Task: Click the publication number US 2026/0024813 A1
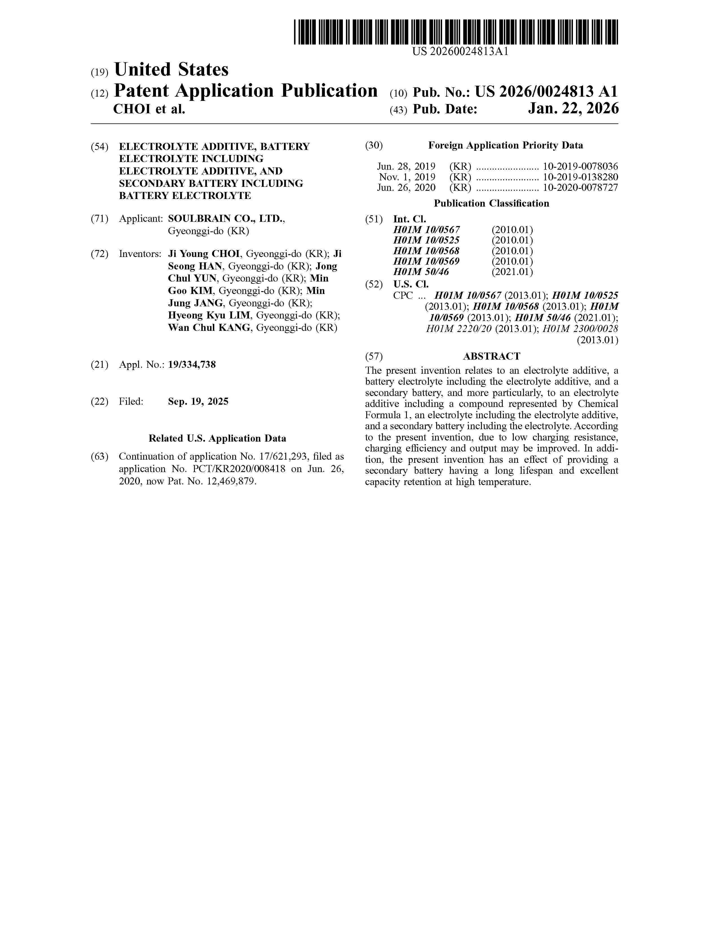tap(546, 92)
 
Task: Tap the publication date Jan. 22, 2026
tap(573, 109)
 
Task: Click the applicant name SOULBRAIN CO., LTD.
tap(226, 219)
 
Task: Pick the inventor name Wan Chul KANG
tap(209, 328)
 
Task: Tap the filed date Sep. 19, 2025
tap(198, 402)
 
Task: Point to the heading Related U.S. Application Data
tap(217, 439)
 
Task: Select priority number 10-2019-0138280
tap(580, 177)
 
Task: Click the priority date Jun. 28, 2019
tap(406, 167)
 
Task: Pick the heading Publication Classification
tap(491, 203)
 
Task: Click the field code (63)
tap(99, 457)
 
